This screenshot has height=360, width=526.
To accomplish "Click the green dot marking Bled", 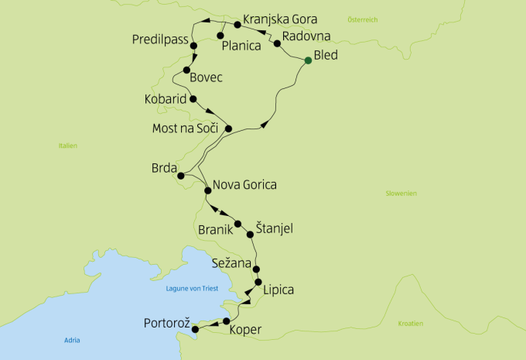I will (308, 60).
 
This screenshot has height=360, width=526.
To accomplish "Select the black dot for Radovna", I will (277, 44).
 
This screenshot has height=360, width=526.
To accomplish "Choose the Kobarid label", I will (165, 100).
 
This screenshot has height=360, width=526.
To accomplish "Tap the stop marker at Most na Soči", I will (228, 129).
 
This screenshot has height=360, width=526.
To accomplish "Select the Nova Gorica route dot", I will (207, 190).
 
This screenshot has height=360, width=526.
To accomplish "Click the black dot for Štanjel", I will (250, 234).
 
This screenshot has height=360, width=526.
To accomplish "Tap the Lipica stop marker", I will (258, 283).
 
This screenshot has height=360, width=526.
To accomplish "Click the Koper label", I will (246, 331).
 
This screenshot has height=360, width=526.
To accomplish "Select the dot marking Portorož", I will (194, 330).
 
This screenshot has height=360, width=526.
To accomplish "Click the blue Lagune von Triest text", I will (193, 289).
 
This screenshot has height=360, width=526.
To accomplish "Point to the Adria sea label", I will (73, 341).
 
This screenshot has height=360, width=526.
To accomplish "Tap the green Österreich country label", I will (362, 19).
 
